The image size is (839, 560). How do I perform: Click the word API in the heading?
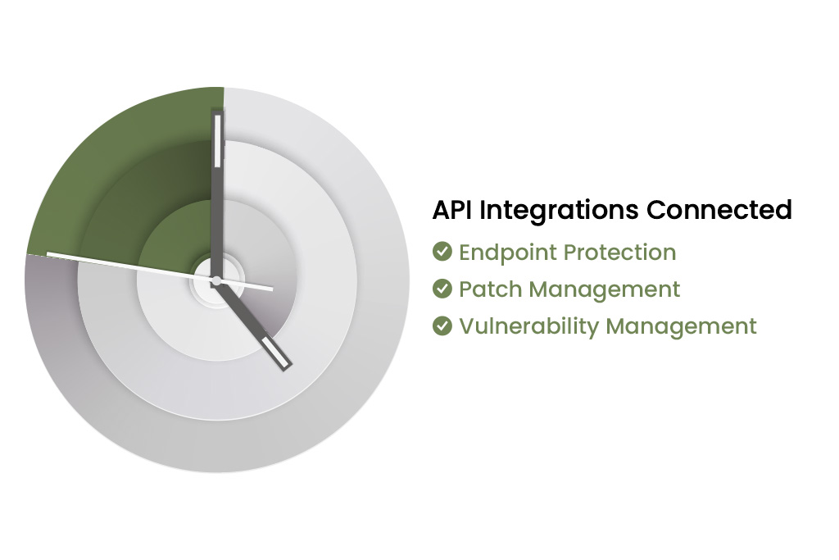pyautogui.click(x=452, y=210)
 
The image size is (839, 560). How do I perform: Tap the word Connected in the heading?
pyautogui.click(x=719, y=210)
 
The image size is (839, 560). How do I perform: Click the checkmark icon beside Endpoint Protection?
pyautogui.click(x=442, y=251)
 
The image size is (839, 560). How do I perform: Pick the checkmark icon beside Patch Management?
pyautogui.click(x=442, y=288)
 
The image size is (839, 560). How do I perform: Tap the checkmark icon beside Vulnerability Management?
pyautogui.click(x=442, y=325)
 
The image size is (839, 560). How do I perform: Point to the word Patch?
pyautogui.click(x=490, y=289)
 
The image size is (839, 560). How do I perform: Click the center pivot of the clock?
pyautogui.click(x=216, y=281)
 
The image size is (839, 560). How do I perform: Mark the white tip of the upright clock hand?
pyautogui.click(x=218, y=141)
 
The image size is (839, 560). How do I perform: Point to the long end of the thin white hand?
pyautogui.click(x=48, y=253)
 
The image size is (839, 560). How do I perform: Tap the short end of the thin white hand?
pyautogui.click(x=272, y=289)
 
